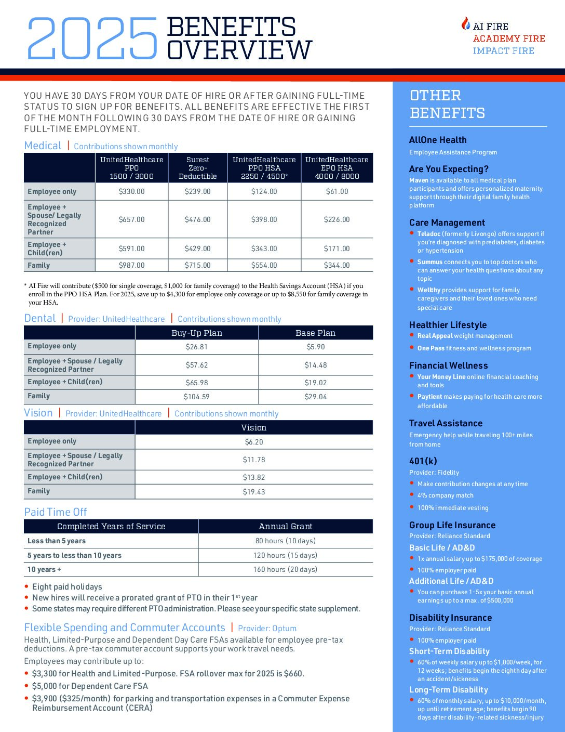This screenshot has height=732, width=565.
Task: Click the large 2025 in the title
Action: point(92,38)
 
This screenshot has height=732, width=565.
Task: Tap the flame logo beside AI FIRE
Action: point(466,24)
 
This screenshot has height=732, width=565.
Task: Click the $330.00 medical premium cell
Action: point(132,191)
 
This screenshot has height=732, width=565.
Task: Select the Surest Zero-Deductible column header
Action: point(198,168)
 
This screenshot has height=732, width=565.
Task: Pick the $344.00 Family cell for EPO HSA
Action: point(337,265)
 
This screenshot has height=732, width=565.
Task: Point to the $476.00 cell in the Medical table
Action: point(198,219)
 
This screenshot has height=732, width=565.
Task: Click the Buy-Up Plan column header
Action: point(197,333)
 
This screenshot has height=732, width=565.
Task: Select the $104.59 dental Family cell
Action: point(197,397)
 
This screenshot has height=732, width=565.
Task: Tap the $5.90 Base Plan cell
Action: point(316,347)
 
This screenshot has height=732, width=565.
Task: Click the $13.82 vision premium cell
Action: point(254,477)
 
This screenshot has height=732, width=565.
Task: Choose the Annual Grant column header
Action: point(286,526)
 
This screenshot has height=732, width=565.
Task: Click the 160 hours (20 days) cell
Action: point(286,569)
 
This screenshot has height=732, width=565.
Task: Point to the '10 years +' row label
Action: point(44,569)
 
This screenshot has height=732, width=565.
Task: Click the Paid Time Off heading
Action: point(56,512)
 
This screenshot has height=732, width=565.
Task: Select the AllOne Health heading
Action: point(438,140)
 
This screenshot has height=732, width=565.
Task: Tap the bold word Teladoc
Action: point(429,234)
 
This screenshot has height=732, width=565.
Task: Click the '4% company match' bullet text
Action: point(446,495)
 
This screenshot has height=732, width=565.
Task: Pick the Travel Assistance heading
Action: point(446,423)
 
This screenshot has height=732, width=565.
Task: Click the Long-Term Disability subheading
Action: point(449,690)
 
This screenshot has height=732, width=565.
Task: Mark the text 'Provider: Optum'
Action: point(267,629)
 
